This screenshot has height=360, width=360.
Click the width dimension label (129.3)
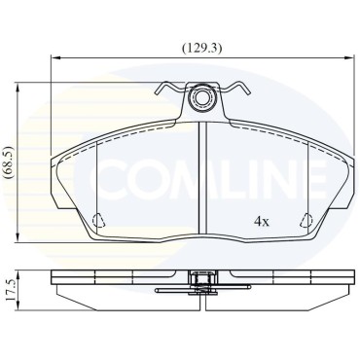(x=201, y=49)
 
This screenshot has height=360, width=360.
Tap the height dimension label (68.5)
(x=8, y=162)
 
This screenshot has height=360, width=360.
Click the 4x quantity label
(x=262, y=222)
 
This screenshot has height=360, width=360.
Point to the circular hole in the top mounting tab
(x=201, y=97)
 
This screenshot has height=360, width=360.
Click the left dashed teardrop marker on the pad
(x=98, y=221)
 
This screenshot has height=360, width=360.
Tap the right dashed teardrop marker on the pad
(x=306, y=221)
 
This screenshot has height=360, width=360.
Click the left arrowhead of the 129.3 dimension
(x=55, y=58)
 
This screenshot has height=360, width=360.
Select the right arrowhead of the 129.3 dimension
(x=348, y=58)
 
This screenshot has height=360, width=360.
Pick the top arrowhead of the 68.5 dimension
(x=18, y=87)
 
